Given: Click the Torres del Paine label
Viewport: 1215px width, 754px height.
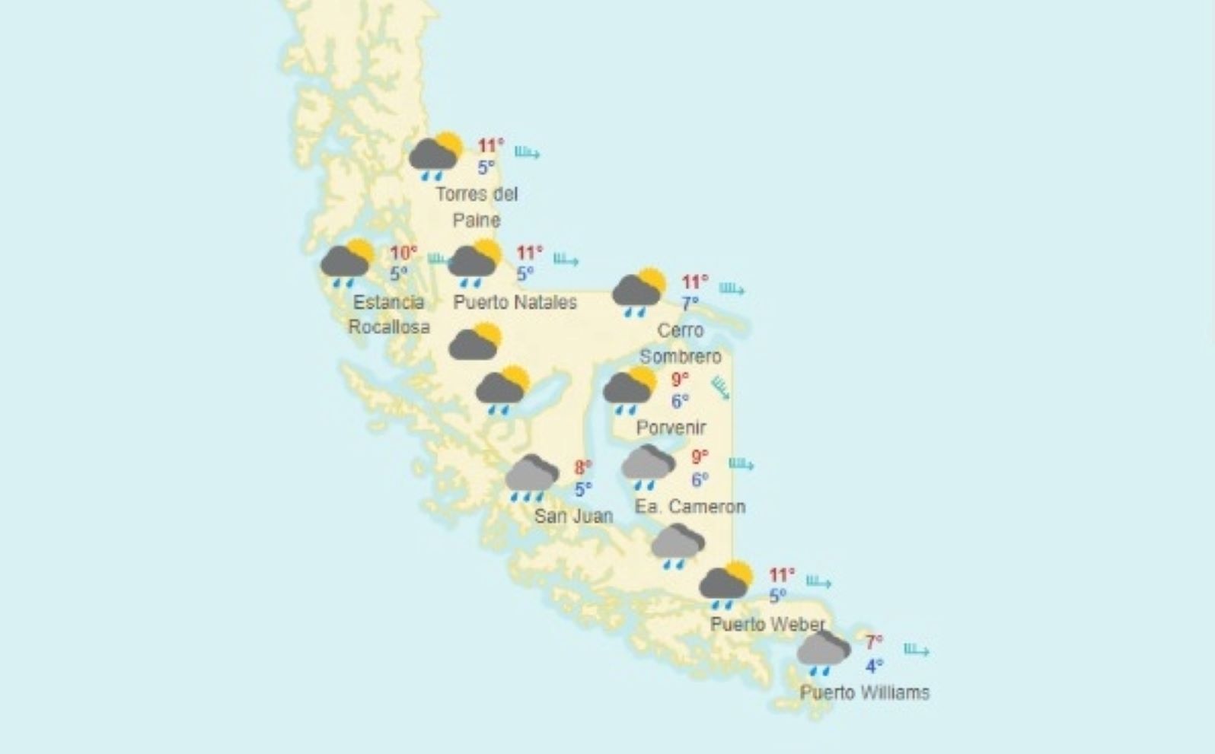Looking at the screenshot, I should click(x=477, y=207).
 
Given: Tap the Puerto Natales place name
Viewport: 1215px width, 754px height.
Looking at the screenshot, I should click(x=515, y=302).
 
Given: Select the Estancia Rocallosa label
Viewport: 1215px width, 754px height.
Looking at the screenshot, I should click(x=389, y=314).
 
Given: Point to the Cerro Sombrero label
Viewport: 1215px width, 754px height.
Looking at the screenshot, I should click(x=680, y=343).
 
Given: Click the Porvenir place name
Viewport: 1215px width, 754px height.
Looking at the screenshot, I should click(x=671, y=428).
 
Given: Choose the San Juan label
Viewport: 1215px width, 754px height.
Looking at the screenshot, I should click(x=573, y=516).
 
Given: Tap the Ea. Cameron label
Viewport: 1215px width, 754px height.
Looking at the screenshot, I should click(x=690, y=506).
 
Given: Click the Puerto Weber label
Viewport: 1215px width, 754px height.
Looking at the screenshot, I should click(x=767, y=625).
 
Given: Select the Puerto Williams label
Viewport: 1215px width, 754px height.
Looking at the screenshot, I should click(x=864, y=692).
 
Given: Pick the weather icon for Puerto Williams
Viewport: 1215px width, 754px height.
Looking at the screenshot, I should click(x=823, y=652).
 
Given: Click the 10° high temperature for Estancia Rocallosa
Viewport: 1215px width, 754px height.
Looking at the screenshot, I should click(x=403, y=253).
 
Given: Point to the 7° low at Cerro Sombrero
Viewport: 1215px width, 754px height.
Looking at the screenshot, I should click(x=690, y=304).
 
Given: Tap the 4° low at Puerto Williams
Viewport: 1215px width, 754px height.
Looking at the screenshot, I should click(x=874, y=667).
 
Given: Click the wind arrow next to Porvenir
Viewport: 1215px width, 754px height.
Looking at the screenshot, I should click(x=719, y=388).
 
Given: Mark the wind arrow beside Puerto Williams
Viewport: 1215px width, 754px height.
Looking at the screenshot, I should click(x=916, y=650).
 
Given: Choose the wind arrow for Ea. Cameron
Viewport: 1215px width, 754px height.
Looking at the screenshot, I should click(x=741, y=463).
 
